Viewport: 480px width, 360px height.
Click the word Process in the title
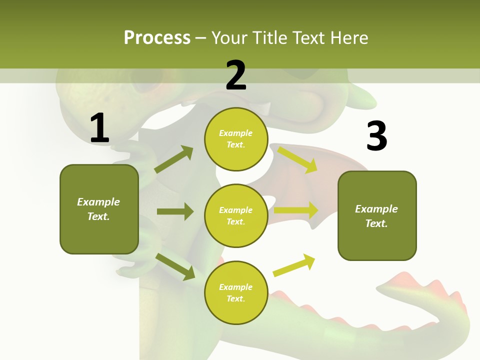[157, 37]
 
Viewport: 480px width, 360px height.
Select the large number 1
[99, 128]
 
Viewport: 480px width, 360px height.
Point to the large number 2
[236, 75]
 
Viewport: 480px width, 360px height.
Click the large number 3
[376, 136]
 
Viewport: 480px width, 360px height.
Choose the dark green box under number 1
[99, 209]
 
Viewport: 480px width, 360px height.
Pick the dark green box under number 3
[377, 216]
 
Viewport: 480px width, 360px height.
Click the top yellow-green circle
[236, 139]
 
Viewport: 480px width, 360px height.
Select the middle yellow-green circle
[236, 216]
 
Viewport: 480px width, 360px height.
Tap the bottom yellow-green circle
[236, 293]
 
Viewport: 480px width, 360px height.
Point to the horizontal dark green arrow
[175, 211]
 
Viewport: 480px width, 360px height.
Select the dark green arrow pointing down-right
[175, 266]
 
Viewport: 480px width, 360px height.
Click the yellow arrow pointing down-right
[298, 159]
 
